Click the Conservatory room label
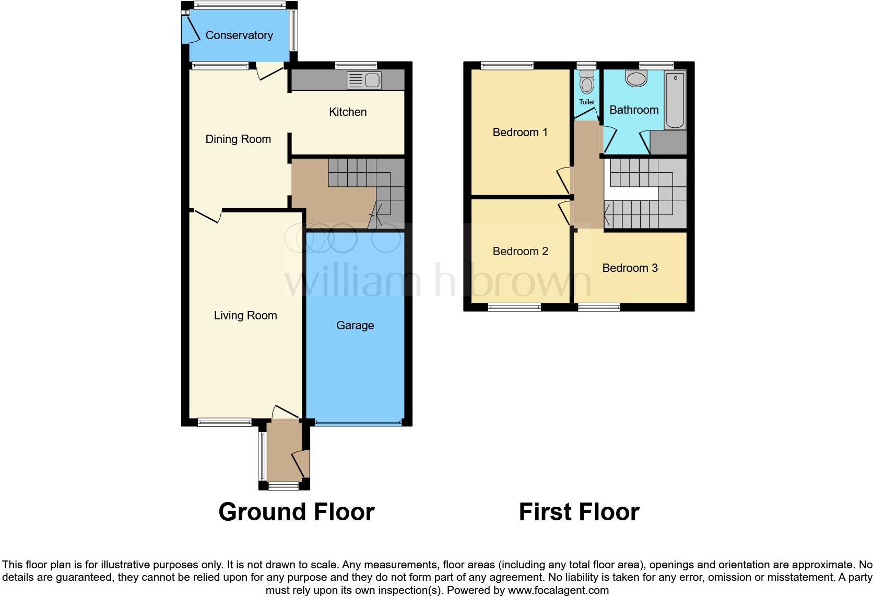click(x=239, y=35)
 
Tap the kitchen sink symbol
click(x=364, y=81)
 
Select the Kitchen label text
click(x=348, y=112)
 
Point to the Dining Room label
click(x=238, y=139)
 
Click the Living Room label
click(x=245, y=315)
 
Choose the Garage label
click(x=355, y=325)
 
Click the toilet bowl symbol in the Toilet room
click(x=587, y=84)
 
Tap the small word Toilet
click(x=587, y=102)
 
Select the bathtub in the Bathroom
click(x=675, y=100)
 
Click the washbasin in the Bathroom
click(x=636, y=79)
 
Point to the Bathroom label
click(x=634, y=110)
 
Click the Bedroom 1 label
click(x=520, y=132)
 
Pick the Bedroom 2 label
click(x=520, y=251)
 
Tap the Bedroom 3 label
click(x=630, y=268)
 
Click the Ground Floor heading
click(x=296, y=512)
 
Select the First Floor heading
click(x=579, y=512)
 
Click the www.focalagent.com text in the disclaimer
click(x=558, y=590)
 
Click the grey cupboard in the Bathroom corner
click(x=668, y=142)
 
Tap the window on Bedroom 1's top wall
click(x=507, y=66)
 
